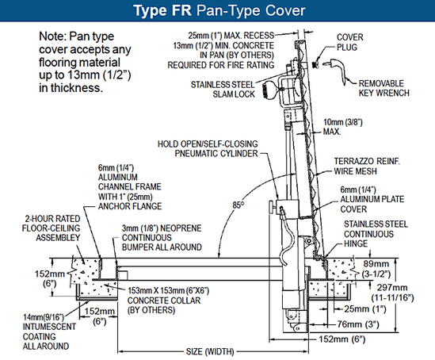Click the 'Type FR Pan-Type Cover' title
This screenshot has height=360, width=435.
click(x=219, y=10)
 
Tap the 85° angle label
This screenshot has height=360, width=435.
click(x=238, y=205)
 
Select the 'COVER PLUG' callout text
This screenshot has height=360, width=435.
click(x=350, y=42)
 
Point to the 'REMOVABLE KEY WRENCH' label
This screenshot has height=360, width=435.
click(x=384, y=88)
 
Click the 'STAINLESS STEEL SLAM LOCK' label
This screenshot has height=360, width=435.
click(x=223, y=90)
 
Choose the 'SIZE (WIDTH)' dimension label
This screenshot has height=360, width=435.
click(x=210, y=351)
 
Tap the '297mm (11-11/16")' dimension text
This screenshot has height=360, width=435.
click(x=392, y=293)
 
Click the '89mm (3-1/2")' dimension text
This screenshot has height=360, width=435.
click(x=376, y=269)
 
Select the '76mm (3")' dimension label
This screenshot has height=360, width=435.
click(x=358, y=324)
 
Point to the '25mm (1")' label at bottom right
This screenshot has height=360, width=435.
click(x=365, y=308)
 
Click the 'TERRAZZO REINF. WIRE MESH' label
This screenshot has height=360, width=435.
click(x=367, y=167)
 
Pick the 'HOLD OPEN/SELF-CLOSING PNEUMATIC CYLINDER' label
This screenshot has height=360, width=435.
click(x=208, y=149)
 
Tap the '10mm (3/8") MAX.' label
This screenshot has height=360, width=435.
click(x=343, y=127)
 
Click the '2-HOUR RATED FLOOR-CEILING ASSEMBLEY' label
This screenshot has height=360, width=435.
click(x=51, y=228)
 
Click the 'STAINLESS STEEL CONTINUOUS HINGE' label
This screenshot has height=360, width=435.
click(x=376, y=234)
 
